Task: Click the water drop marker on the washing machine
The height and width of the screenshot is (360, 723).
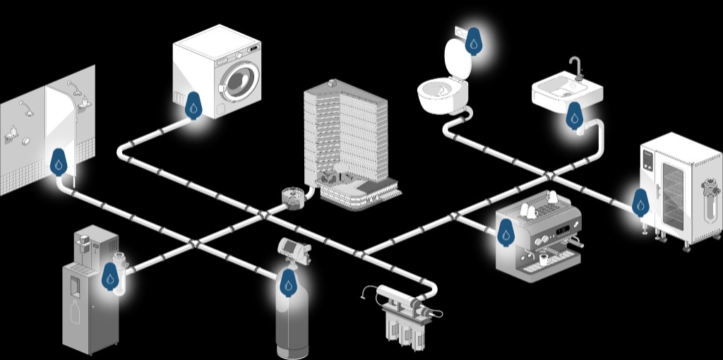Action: (193, 107)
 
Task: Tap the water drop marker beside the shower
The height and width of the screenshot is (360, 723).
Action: (58, 163)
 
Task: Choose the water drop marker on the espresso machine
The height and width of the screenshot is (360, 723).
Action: (506, 232)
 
